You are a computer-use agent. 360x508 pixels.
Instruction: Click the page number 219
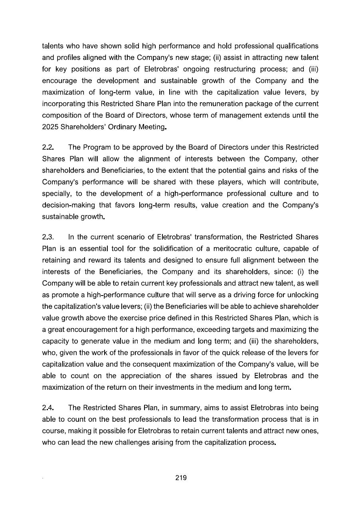pyautogui.click(x=181, y=478)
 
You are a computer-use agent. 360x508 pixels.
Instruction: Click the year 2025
pyautogui.click(x=50, y=127)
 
